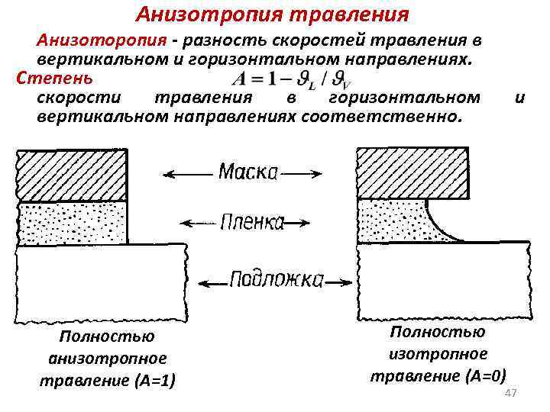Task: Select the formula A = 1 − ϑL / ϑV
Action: (x=291, y=79)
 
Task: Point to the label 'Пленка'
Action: (x=252, y=222)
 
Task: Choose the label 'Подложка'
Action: (x=277, y=279)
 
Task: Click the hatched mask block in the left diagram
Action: (x=73, y=175)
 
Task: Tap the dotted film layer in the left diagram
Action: (x=73, y=224)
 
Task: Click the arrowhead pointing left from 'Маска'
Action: (x=170, y=174)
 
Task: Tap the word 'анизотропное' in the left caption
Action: (x=107, y=358)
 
